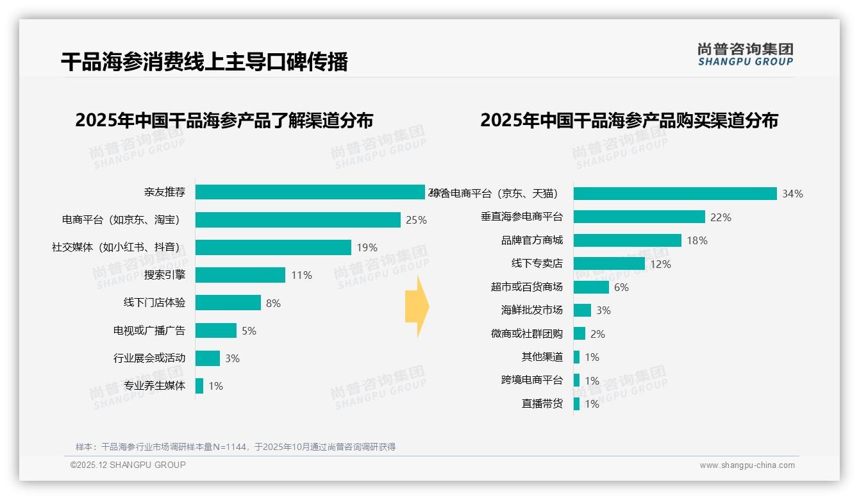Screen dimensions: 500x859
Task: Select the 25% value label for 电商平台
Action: point(416,220)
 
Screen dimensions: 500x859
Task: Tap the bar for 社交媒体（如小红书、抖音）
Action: point(273,247)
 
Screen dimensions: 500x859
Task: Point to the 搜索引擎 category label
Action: point(165,275)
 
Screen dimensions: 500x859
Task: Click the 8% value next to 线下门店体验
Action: point(273,303)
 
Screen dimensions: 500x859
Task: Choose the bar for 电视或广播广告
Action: point(216,331)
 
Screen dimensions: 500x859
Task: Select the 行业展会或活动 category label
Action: point(149,358)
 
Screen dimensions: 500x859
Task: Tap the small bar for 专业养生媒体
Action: point(199,386)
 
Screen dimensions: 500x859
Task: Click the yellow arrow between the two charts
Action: point(417,306)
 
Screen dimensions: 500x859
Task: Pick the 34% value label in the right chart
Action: point(792,194)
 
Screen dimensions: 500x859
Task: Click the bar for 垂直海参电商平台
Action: point(639,217)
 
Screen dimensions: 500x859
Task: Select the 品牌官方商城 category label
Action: point(532,240)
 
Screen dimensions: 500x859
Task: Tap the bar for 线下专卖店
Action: point(609,263)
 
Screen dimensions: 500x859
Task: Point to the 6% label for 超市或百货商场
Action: point(621,287)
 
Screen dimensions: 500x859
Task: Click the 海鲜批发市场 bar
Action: point(582,310)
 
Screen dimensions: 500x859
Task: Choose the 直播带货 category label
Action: point(542,404)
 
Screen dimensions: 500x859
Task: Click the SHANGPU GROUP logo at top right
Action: point(746,54)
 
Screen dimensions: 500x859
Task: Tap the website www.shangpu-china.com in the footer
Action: point(747,465)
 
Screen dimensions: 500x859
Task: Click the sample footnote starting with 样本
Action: point(235,447)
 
